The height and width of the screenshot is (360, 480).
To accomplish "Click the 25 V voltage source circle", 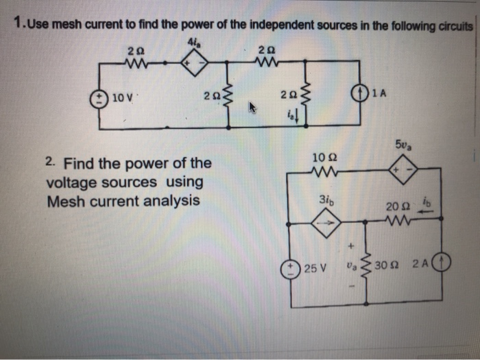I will (293, 265).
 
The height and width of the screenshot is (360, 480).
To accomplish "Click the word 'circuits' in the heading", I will (451, 25).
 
